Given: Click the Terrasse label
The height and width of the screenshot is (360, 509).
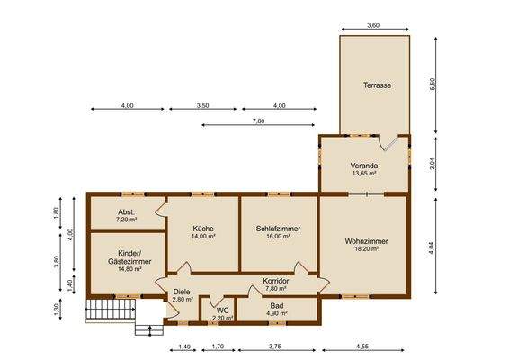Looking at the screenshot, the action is pos(377,85).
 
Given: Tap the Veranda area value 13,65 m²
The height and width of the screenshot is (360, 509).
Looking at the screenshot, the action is pos(364,174).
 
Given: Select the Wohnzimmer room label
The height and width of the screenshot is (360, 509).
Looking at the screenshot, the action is pos(366,241).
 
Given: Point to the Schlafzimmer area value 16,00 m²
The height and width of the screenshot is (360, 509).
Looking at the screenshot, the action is pos(278,237).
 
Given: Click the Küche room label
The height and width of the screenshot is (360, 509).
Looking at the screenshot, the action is pos(203,229).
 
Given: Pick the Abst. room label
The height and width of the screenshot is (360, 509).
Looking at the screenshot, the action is pos(127,212).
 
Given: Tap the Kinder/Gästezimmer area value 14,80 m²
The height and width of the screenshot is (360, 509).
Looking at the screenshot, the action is pos(129,269).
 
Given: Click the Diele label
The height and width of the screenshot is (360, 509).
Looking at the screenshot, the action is pos(182,292).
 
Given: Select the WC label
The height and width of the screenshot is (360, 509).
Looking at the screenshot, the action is pos(222,310).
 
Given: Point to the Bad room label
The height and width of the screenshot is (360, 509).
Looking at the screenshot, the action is pos(277,306).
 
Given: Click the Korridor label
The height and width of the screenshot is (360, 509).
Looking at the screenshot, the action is pos(275,281).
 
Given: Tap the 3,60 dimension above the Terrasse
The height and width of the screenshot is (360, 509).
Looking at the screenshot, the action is pos(373,25).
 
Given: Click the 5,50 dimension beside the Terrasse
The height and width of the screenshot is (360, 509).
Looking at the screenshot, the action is pos(432,85).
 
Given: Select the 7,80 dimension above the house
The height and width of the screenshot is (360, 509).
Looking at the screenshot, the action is pos(258,121).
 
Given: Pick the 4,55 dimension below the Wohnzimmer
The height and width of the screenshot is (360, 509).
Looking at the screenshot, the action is pos(362,346).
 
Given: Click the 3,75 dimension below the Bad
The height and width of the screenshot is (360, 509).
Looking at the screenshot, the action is pos(274,346).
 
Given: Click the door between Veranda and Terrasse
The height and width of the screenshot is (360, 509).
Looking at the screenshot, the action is pos(388,143).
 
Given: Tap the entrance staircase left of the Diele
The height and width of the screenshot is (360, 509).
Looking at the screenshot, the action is pos(111,310).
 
